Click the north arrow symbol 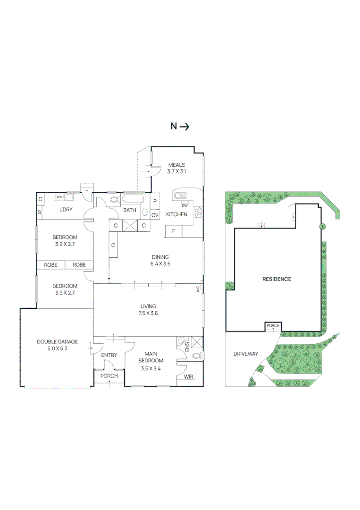184,126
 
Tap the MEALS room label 176,165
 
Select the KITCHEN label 176,214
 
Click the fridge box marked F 173,231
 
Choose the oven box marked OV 155,215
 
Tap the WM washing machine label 59,196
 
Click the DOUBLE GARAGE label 57,342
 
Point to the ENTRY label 109,355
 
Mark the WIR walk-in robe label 188,377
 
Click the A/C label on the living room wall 199,288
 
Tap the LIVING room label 148,306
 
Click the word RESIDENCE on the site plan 276,279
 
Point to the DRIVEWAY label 246,354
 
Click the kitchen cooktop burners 198,212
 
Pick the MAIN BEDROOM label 151,357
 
